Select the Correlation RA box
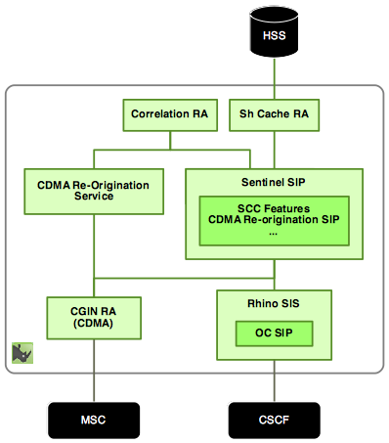coord(169,115)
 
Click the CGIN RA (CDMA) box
coord(93,319)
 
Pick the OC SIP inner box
coord(274,332)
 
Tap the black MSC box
coord(93,420)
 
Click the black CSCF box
coord(274,420)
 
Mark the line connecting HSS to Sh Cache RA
coord(273,76)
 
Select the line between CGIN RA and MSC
coord(93,371)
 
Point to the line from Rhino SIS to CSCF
coord(274,381)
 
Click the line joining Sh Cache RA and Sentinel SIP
coord(274,150)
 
